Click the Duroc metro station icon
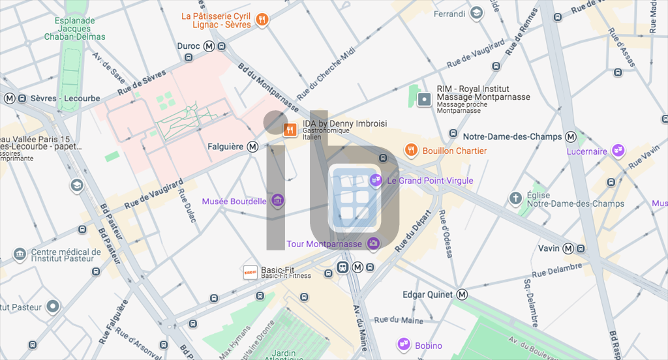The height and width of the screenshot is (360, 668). point(209,46)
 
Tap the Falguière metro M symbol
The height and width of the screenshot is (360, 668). point(252,147)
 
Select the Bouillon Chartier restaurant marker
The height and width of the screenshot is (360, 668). point(410,151)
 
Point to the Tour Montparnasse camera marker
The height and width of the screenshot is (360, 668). point(373,244)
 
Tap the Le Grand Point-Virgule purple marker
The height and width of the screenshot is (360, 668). point(376,180)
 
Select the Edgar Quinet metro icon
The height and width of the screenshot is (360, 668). point(463,295)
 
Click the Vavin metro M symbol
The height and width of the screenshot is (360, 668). point(568,248)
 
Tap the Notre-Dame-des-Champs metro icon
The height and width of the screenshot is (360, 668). point(571,137)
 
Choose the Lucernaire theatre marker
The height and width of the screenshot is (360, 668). point(618,151)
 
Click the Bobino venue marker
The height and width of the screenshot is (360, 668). point(403,345)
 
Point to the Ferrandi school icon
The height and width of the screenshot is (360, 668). point(477,13)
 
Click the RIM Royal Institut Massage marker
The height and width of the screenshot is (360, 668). point(425,100)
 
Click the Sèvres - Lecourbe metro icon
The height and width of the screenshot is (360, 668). point(10,98)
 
